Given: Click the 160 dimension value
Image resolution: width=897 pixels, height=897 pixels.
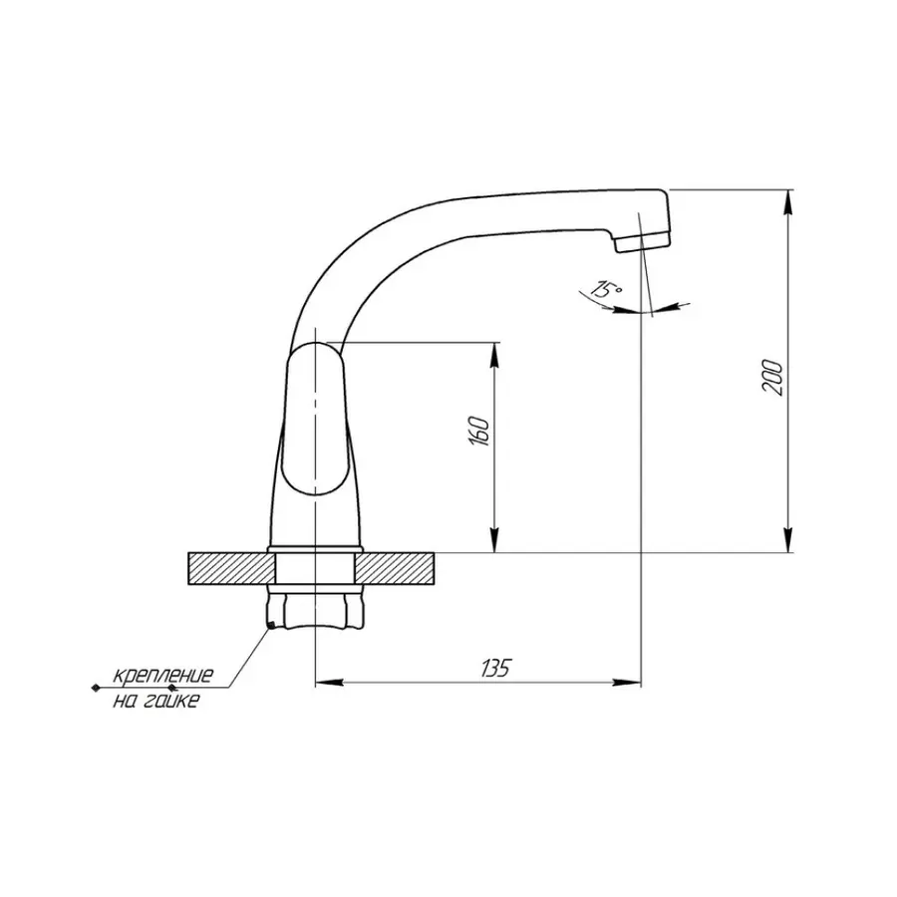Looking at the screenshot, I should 479,432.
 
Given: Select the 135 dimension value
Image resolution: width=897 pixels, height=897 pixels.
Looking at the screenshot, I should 494,668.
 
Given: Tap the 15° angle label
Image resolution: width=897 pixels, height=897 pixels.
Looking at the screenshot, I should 604,290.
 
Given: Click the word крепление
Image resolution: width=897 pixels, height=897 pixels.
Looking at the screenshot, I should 162,676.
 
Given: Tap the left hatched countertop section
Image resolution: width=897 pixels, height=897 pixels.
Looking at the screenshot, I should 229,569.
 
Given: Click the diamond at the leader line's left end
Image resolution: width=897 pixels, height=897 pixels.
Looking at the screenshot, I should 95,688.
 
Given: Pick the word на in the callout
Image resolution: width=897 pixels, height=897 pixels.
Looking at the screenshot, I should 126,702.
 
